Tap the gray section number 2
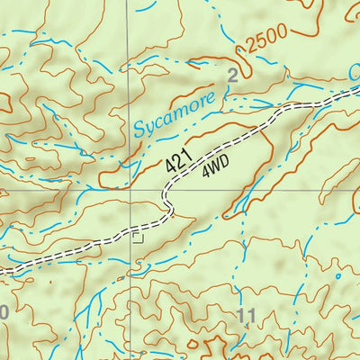[x=233, y=77]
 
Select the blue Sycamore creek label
[x=176, y=114]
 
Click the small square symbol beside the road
[x=138, y=237]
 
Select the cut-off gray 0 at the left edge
[x=3, y=312]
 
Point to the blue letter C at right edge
[x=354, y=70]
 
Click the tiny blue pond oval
[x=337, y=276]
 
